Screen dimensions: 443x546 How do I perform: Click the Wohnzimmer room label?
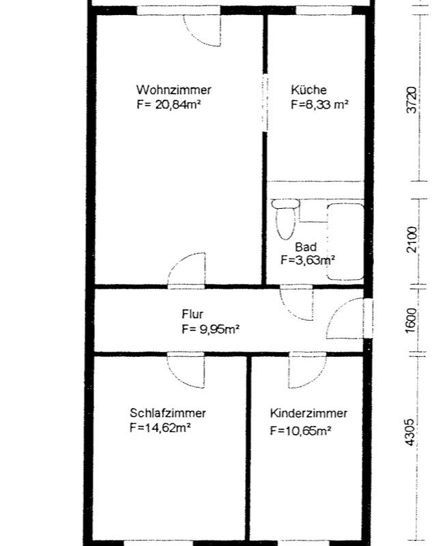173,90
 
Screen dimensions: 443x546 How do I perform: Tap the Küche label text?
309,90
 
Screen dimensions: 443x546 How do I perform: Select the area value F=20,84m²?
169,104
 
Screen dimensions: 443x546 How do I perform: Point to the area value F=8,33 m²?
319,104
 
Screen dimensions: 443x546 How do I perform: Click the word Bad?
306,247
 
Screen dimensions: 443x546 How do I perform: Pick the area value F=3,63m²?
308,260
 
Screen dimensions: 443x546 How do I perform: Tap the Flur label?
192,314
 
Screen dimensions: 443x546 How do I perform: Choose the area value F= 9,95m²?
211,329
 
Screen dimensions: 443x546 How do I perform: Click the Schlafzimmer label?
167,413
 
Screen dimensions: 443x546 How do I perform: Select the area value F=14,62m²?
160,428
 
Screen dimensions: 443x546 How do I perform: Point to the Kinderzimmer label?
309,414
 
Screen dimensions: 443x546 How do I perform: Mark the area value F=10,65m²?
300,431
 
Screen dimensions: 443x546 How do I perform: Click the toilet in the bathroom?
285,219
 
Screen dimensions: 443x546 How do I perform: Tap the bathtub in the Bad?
345,242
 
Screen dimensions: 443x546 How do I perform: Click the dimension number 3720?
412,100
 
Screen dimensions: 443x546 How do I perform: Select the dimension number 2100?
412,240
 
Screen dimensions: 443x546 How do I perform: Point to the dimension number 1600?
412,320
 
